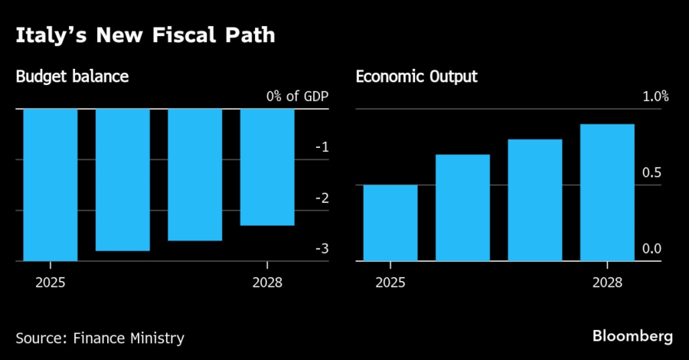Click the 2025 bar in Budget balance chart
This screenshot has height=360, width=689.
(51, 185)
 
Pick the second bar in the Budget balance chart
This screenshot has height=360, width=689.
(122, 179)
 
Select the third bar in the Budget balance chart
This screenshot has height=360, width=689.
(194, 175)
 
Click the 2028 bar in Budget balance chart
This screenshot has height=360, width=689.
(267, 167)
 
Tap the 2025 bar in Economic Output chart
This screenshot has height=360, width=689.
(390, 222)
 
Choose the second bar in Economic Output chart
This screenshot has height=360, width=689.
(462, 207)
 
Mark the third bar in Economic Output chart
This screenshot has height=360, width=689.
(535, 199)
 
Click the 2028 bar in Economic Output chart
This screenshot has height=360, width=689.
(607, 191)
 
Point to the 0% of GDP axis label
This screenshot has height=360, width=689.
(298, 97)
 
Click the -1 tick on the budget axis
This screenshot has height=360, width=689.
(322, 147)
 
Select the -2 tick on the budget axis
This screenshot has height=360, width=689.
(322, 198)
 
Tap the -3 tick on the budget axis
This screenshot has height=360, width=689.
(322, 248)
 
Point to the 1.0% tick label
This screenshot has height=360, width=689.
(655, 97)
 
